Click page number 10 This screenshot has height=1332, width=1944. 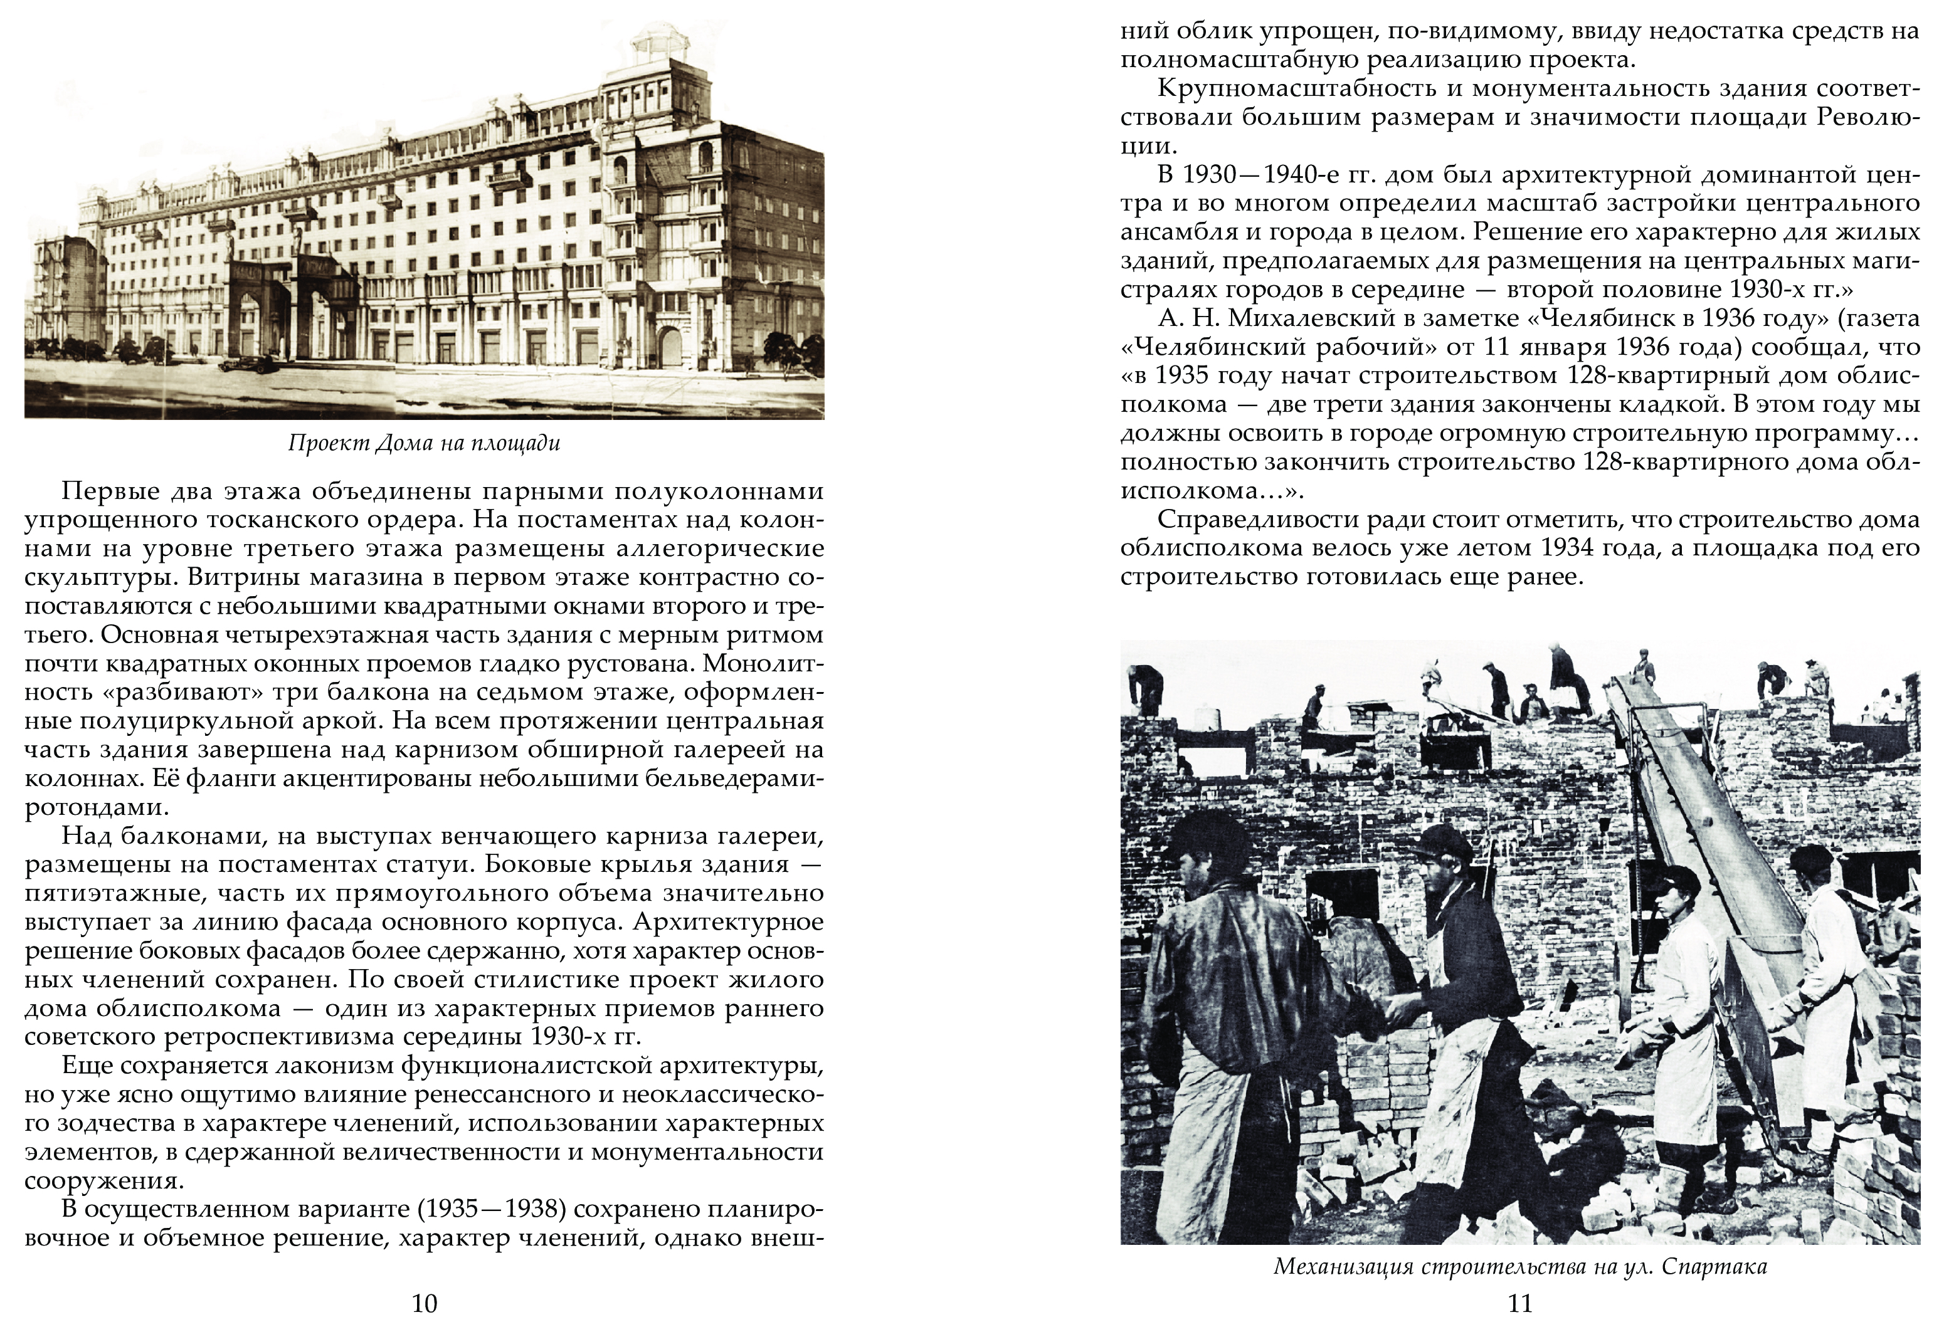pos(425,1303)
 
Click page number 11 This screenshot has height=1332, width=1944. pos(1520,1303)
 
